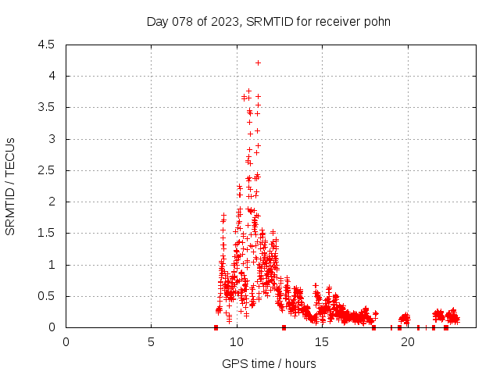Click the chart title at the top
269,21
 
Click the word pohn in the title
376,21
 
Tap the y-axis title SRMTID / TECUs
11,186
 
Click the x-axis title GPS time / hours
269,363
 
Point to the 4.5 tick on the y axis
48,45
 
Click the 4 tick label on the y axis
52,76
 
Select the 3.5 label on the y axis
48,107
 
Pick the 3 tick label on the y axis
52,139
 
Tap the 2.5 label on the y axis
48,170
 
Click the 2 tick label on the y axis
52,202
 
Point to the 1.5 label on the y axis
48,233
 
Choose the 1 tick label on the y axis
52,265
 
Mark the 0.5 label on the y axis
48,296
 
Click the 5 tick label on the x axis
151,341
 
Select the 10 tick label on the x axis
237,341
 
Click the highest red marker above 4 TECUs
259,62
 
